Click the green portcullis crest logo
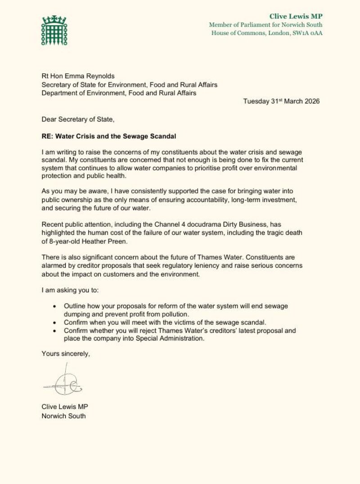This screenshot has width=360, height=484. [x=54, y=31]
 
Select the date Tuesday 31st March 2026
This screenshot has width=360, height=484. [x=281, y=101]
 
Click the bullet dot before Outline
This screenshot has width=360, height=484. [x=54, y=306]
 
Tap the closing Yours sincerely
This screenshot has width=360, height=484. [x=66, y=354]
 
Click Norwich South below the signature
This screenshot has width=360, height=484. [x=63, y=416]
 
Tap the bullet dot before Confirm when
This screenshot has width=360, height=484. [x=54, y=323]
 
